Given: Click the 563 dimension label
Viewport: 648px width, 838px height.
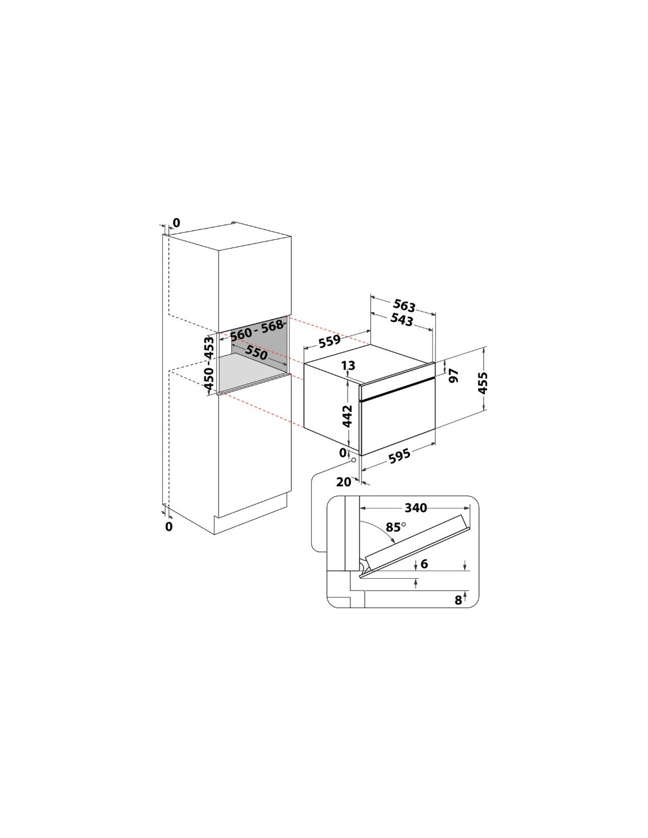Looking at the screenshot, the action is pos(404,305).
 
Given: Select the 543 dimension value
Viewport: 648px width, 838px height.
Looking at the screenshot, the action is pos(402,319).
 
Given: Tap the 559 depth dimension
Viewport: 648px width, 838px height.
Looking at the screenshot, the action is pos(329,341).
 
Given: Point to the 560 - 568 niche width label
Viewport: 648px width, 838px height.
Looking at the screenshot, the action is pos(256,330).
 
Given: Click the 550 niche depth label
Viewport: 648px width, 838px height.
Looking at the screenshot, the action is pos(256,353).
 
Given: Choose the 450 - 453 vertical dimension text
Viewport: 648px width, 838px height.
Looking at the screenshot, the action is pos(209,363).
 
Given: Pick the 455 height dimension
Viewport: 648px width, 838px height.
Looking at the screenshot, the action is pos(482,382).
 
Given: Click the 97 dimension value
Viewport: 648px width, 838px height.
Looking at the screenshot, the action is pos(455,375).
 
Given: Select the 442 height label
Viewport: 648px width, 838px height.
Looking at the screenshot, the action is pos(348,416).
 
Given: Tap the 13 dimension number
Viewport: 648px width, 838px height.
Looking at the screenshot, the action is pos(348,365).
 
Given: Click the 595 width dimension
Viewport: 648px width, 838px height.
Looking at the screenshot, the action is pos(399,456).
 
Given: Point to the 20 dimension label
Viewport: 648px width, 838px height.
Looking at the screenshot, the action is pos(344,482).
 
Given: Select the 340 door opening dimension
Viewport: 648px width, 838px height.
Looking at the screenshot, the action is pos(415,508).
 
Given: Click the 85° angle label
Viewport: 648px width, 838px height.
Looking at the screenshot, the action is pos(396,526).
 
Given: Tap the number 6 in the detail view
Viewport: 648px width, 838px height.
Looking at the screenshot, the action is pos(424,564).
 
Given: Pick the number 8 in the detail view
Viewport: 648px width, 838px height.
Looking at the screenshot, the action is pos(458,600).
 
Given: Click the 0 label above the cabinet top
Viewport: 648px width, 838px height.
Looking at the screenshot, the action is pos(176,223).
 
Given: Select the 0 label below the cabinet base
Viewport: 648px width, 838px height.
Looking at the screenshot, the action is pos(169,526).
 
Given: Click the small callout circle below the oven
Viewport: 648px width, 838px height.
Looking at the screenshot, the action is pos(353,460).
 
